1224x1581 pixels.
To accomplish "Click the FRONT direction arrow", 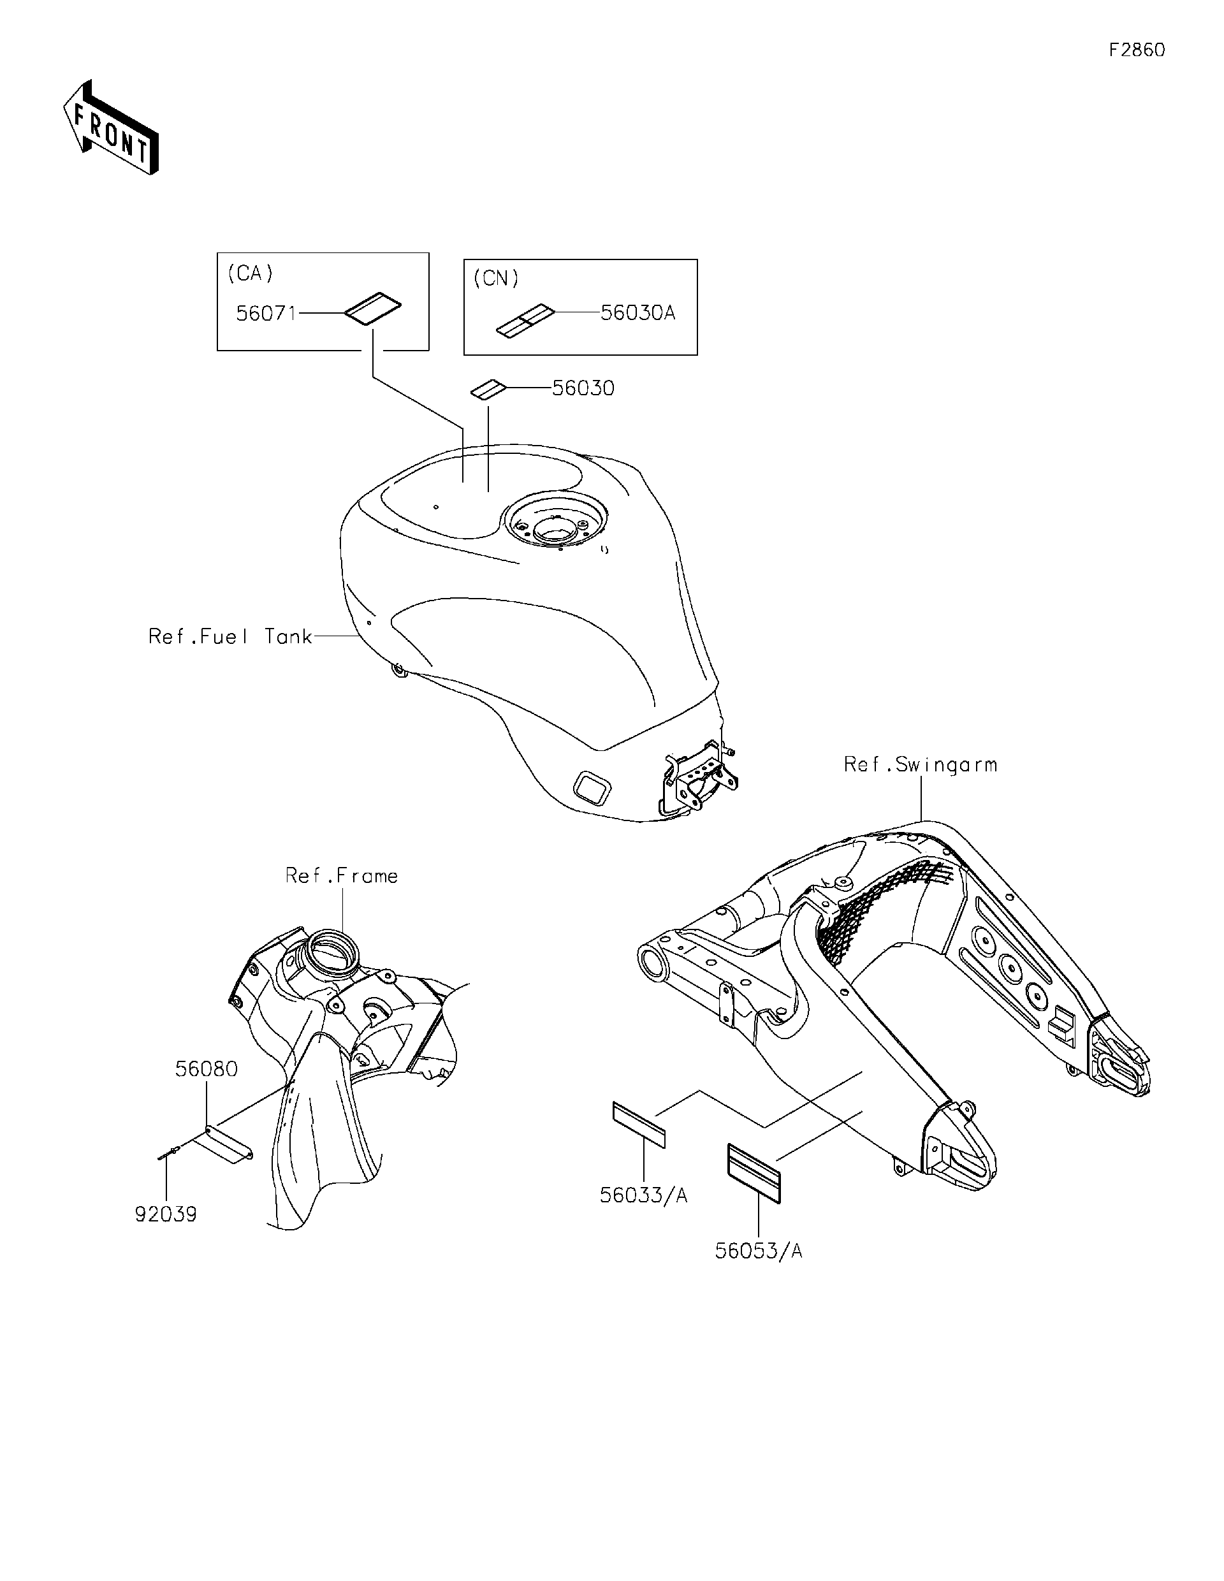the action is [x=111, y=127].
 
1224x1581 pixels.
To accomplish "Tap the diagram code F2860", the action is [x=1137, y=50].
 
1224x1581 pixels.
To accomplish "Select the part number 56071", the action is [x=266, y=314].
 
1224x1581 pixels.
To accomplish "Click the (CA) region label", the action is [x=251, y=273].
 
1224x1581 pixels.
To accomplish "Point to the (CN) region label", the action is [x=496, y=279].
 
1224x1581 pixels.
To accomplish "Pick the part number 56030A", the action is [x=637, y=313].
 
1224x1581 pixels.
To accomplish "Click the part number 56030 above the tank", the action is [x=583, y=388].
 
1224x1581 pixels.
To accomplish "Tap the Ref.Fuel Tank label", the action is [x=230, y=636].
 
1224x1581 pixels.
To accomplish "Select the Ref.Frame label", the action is [x=342, y=876].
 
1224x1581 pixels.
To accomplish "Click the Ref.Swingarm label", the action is [x=921, y=764].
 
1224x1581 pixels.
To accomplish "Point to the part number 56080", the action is [x=207, y=1069].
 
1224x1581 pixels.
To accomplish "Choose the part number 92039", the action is [x=166, y=1214].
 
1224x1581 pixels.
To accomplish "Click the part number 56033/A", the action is [x=643, y=1195].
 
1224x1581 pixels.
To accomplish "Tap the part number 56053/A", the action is [x=759, y=1251].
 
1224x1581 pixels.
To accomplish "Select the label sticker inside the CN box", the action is [x=525, y=321].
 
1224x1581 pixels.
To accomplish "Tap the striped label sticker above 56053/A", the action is [x=754, y=1174].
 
